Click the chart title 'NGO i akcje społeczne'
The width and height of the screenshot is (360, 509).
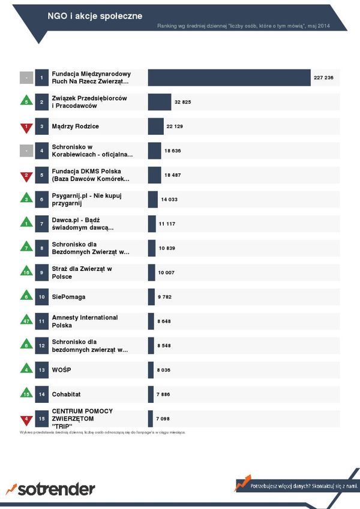(95, 16)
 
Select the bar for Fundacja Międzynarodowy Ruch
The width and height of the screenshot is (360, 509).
(229, 78)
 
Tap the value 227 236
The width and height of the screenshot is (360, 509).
(323, 78)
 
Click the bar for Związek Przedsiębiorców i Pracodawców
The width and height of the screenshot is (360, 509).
(160, 103)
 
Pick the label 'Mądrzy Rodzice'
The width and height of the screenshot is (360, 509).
(75, 127)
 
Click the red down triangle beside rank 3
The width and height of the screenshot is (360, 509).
(26, 127)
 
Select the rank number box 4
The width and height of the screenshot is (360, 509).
(41, 151)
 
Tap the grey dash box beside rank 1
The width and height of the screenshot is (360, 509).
(26, 78)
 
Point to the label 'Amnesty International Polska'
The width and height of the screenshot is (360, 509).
(85, 321)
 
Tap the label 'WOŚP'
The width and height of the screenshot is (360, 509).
(61, 370)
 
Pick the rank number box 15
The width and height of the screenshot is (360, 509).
(41, 418)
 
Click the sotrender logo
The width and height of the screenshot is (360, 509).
(50, 489)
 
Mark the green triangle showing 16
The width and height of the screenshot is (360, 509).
(26, 273)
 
